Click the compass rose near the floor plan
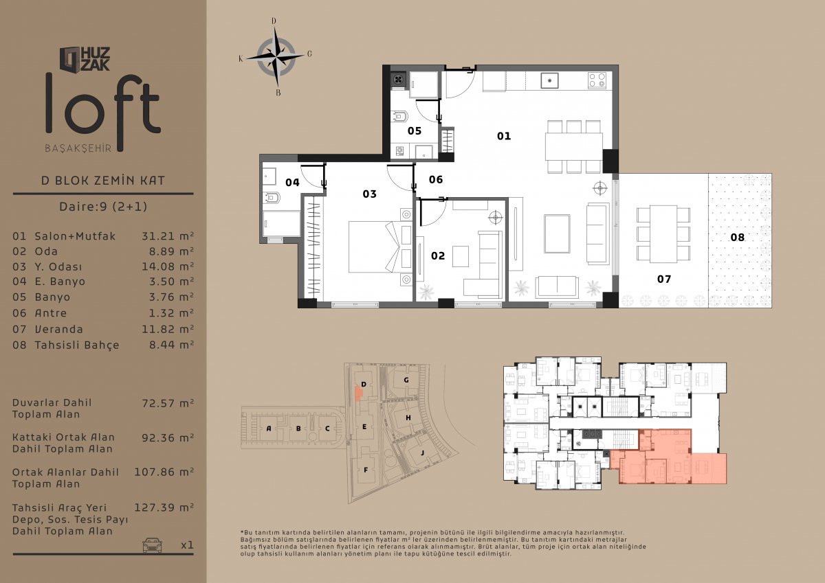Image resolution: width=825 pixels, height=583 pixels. click(x=276, y=57)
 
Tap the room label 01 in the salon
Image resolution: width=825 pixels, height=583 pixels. click(x=504, y=136)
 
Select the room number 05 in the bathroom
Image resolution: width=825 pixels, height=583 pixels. click(x=415, y=131)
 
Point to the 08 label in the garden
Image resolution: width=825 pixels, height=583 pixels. click(x=737, y=237)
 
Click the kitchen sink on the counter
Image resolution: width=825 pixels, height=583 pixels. click(x=549, y=80)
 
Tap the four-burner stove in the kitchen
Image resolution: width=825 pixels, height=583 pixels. click(x=597, y=80)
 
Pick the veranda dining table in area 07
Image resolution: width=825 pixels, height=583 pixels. click(x=663, y=234)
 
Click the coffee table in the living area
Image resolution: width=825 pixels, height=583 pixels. click(x=558, y=234)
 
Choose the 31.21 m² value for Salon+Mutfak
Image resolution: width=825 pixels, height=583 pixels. click(x=168, y=236)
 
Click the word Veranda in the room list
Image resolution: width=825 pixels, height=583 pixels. click(x=59, y=329)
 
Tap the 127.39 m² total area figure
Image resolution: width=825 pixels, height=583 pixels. click(x=164, y=507)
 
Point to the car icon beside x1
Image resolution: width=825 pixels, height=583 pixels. click(x=152, y=545)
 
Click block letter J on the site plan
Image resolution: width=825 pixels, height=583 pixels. click(x=422, y=453)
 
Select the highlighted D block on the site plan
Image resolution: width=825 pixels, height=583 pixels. click(x=358, y=393)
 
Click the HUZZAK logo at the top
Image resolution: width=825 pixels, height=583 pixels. click(x=85, y=59)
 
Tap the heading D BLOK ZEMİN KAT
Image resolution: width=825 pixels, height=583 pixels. click(x=103, y=181)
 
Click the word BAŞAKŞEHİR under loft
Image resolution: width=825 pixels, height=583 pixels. click(x=78, y=148)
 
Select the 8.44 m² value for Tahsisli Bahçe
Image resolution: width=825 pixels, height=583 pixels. click(x=172, y=345)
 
